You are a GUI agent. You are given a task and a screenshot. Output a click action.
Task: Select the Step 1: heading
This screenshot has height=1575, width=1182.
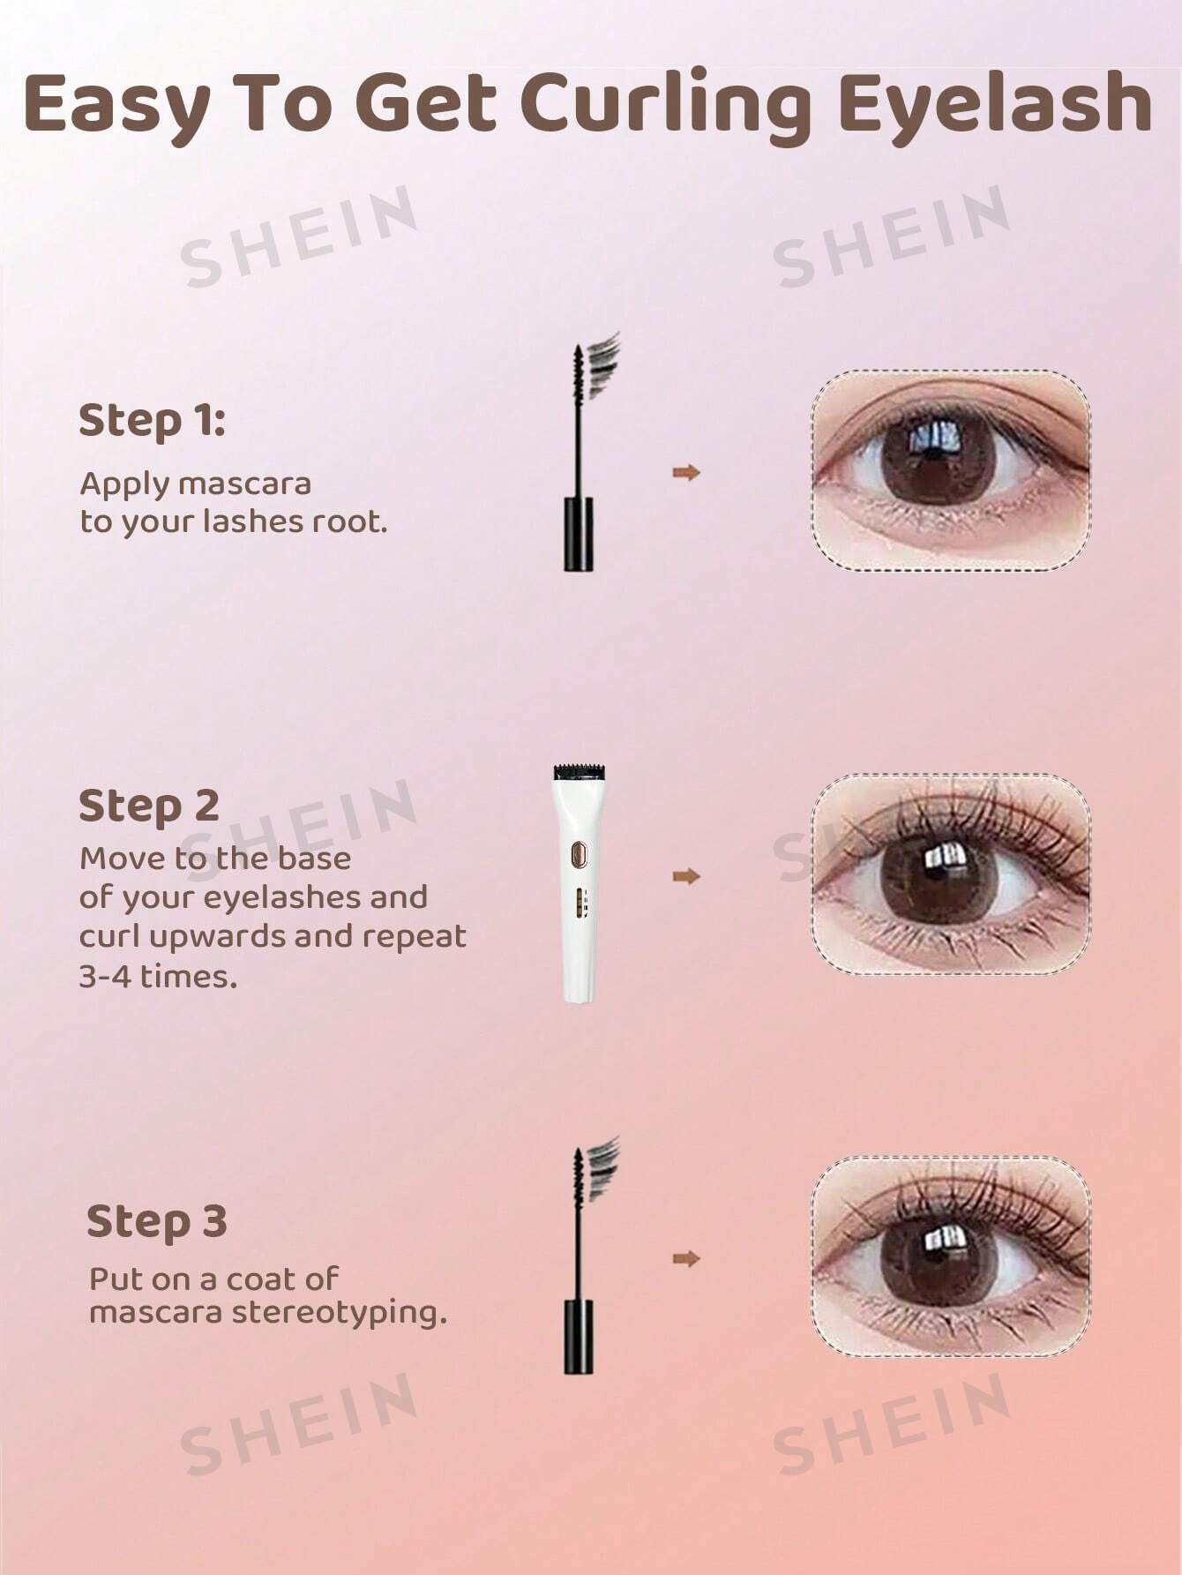pyautogui.click(x=152, y=422)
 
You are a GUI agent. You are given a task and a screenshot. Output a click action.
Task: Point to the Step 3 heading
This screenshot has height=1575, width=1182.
pyautogui.click(x=156, y=1223)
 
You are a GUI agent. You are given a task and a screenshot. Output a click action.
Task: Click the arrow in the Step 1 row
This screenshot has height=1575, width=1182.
pyautogui.click(x=686, y=473)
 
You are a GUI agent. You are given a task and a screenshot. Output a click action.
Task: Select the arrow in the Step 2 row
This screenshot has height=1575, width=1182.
pyautogui.click(x=686, y=876)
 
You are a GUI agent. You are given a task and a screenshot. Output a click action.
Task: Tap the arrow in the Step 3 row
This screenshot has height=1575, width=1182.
pyautogui.click(x=686, y=1258)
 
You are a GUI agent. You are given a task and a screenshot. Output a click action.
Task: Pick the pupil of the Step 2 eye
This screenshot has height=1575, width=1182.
pyautogui.click(x=937, y=874)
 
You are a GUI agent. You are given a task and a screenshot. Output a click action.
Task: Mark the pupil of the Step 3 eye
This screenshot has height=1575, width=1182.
pyautogui.click(x=937, y=1254)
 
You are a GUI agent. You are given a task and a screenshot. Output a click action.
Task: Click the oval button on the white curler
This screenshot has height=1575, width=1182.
pyautogui.click(x=579, y=854)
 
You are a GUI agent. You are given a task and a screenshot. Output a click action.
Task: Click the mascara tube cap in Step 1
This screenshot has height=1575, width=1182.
pyautogui.click(x=579, y=534)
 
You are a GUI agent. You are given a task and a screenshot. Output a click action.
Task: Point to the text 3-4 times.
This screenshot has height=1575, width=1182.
pyautogui.click(x=159, y=977)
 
